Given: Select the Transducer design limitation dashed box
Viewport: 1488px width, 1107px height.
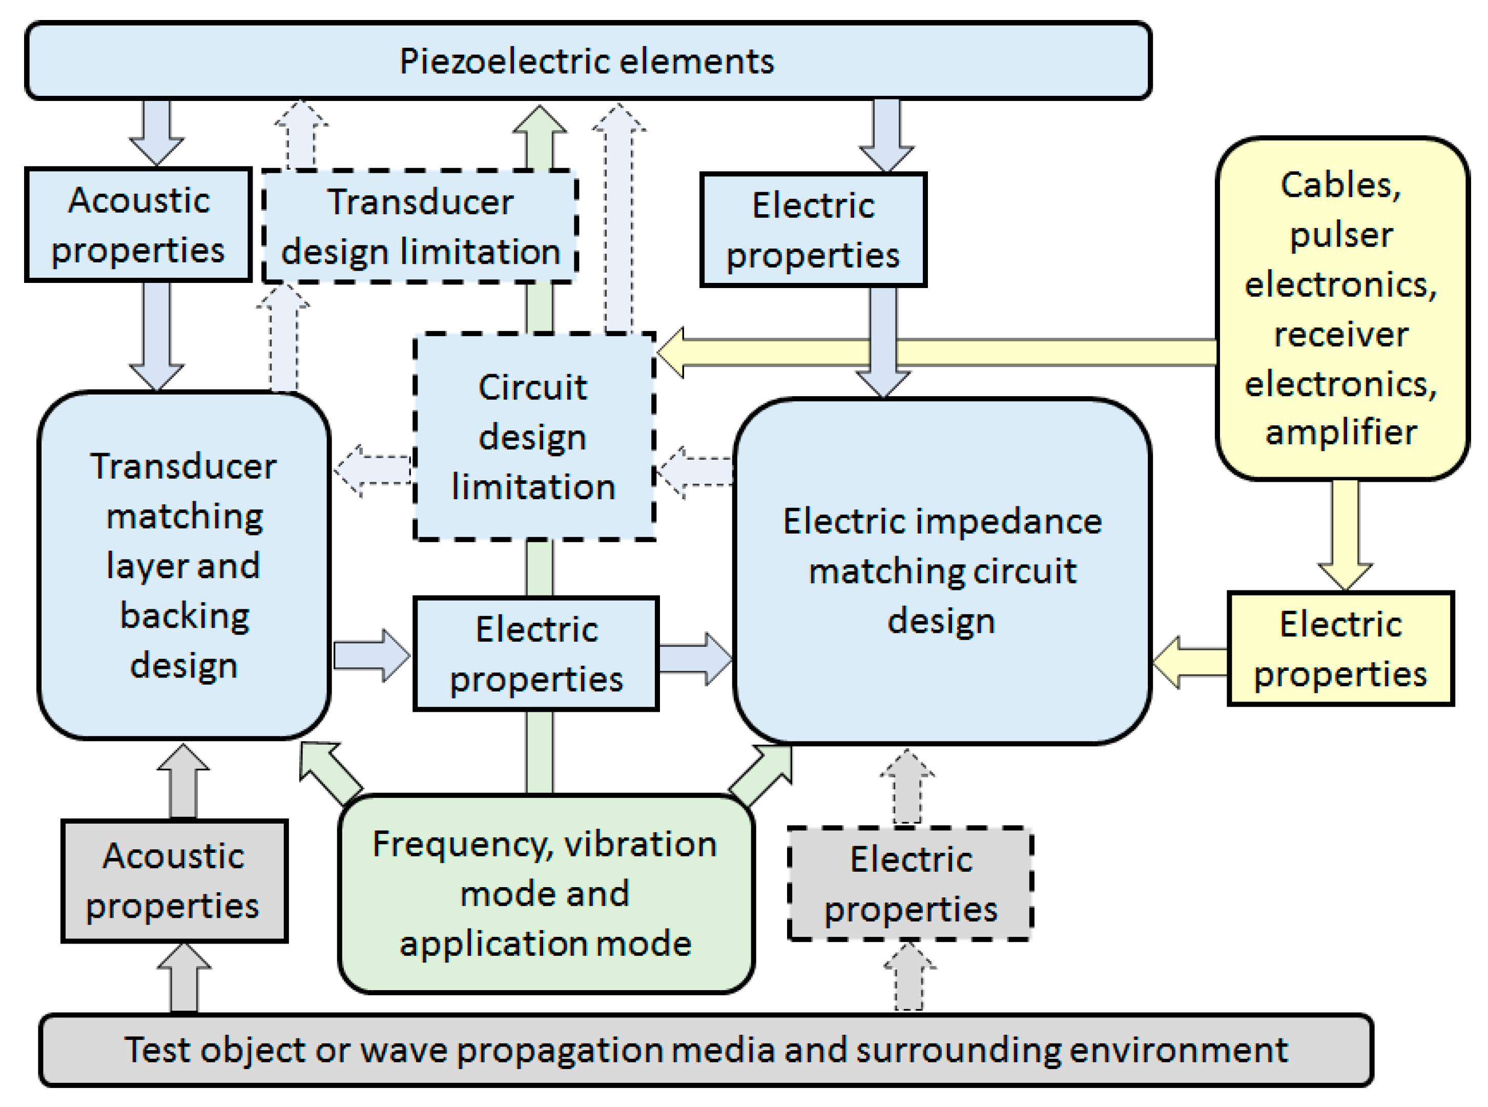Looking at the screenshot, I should click(420, 227).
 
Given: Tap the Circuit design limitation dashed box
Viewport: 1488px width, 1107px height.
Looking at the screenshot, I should click(533, 436).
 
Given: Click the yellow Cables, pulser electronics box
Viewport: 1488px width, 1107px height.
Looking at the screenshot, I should click(1341, 308).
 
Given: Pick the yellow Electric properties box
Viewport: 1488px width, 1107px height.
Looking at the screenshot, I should click(1340, 649).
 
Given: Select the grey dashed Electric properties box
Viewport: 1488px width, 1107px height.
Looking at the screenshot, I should click(910, 883).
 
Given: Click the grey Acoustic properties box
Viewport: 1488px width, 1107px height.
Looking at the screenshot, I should click(174, 880).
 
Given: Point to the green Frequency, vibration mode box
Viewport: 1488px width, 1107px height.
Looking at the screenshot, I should click(545, 893).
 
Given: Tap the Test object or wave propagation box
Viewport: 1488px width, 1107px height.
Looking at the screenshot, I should click(705, 1050).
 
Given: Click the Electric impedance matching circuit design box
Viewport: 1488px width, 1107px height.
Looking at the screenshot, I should click(941, 571).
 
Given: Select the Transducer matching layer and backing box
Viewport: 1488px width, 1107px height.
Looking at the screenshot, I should click(183, 565).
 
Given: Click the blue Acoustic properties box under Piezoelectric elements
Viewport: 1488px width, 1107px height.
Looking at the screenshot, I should click(138, 224).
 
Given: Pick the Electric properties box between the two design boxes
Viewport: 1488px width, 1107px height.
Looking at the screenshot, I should click(536, 653).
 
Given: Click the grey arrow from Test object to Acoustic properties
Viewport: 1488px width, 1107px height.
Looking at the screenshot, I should click(183, 978).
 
